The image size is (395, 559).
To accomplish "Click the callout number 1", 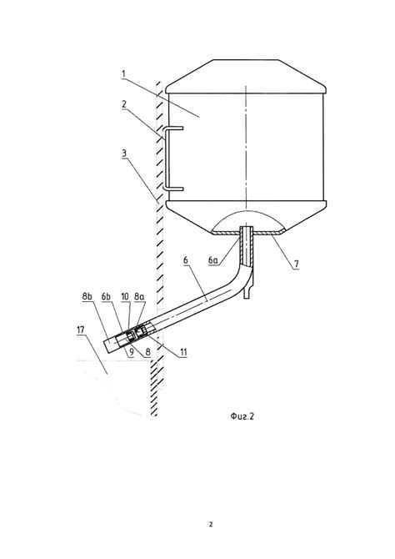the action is (123, 74).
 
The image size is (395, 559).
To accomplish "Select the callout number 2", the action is (124, 104).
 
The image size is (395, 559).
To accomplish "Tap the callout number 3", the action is (124, 154).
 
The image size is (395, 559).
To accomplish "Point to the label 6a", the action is (213, 260).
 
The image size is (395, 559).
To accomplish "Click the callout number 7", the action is (297, 264).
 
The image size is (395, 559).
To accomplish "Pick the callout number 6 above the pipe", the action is (186, 260).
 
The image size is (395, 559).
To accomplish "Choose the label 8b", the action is (87, 296).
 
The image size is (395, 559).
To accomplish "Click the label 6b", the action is (106, 296).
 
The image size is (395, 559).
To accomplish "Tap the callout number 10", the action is (125, 296).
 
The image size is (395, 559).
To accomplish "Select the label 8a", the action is (140, 296).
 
